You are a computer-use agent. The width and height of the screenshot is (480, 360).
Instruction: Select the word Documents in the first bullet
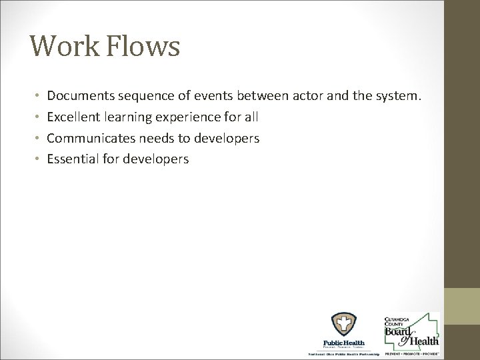[x=79, y=97]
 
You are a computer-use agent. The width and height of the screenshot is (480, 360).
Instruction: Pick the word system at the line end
[x=397, y=97]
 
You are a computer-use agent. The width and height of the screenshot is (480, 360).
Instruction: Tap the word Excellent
[x=72, y=117]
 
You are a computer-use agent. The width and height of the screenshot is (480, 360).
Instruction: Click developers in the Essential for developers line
[x=158, y=159]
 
